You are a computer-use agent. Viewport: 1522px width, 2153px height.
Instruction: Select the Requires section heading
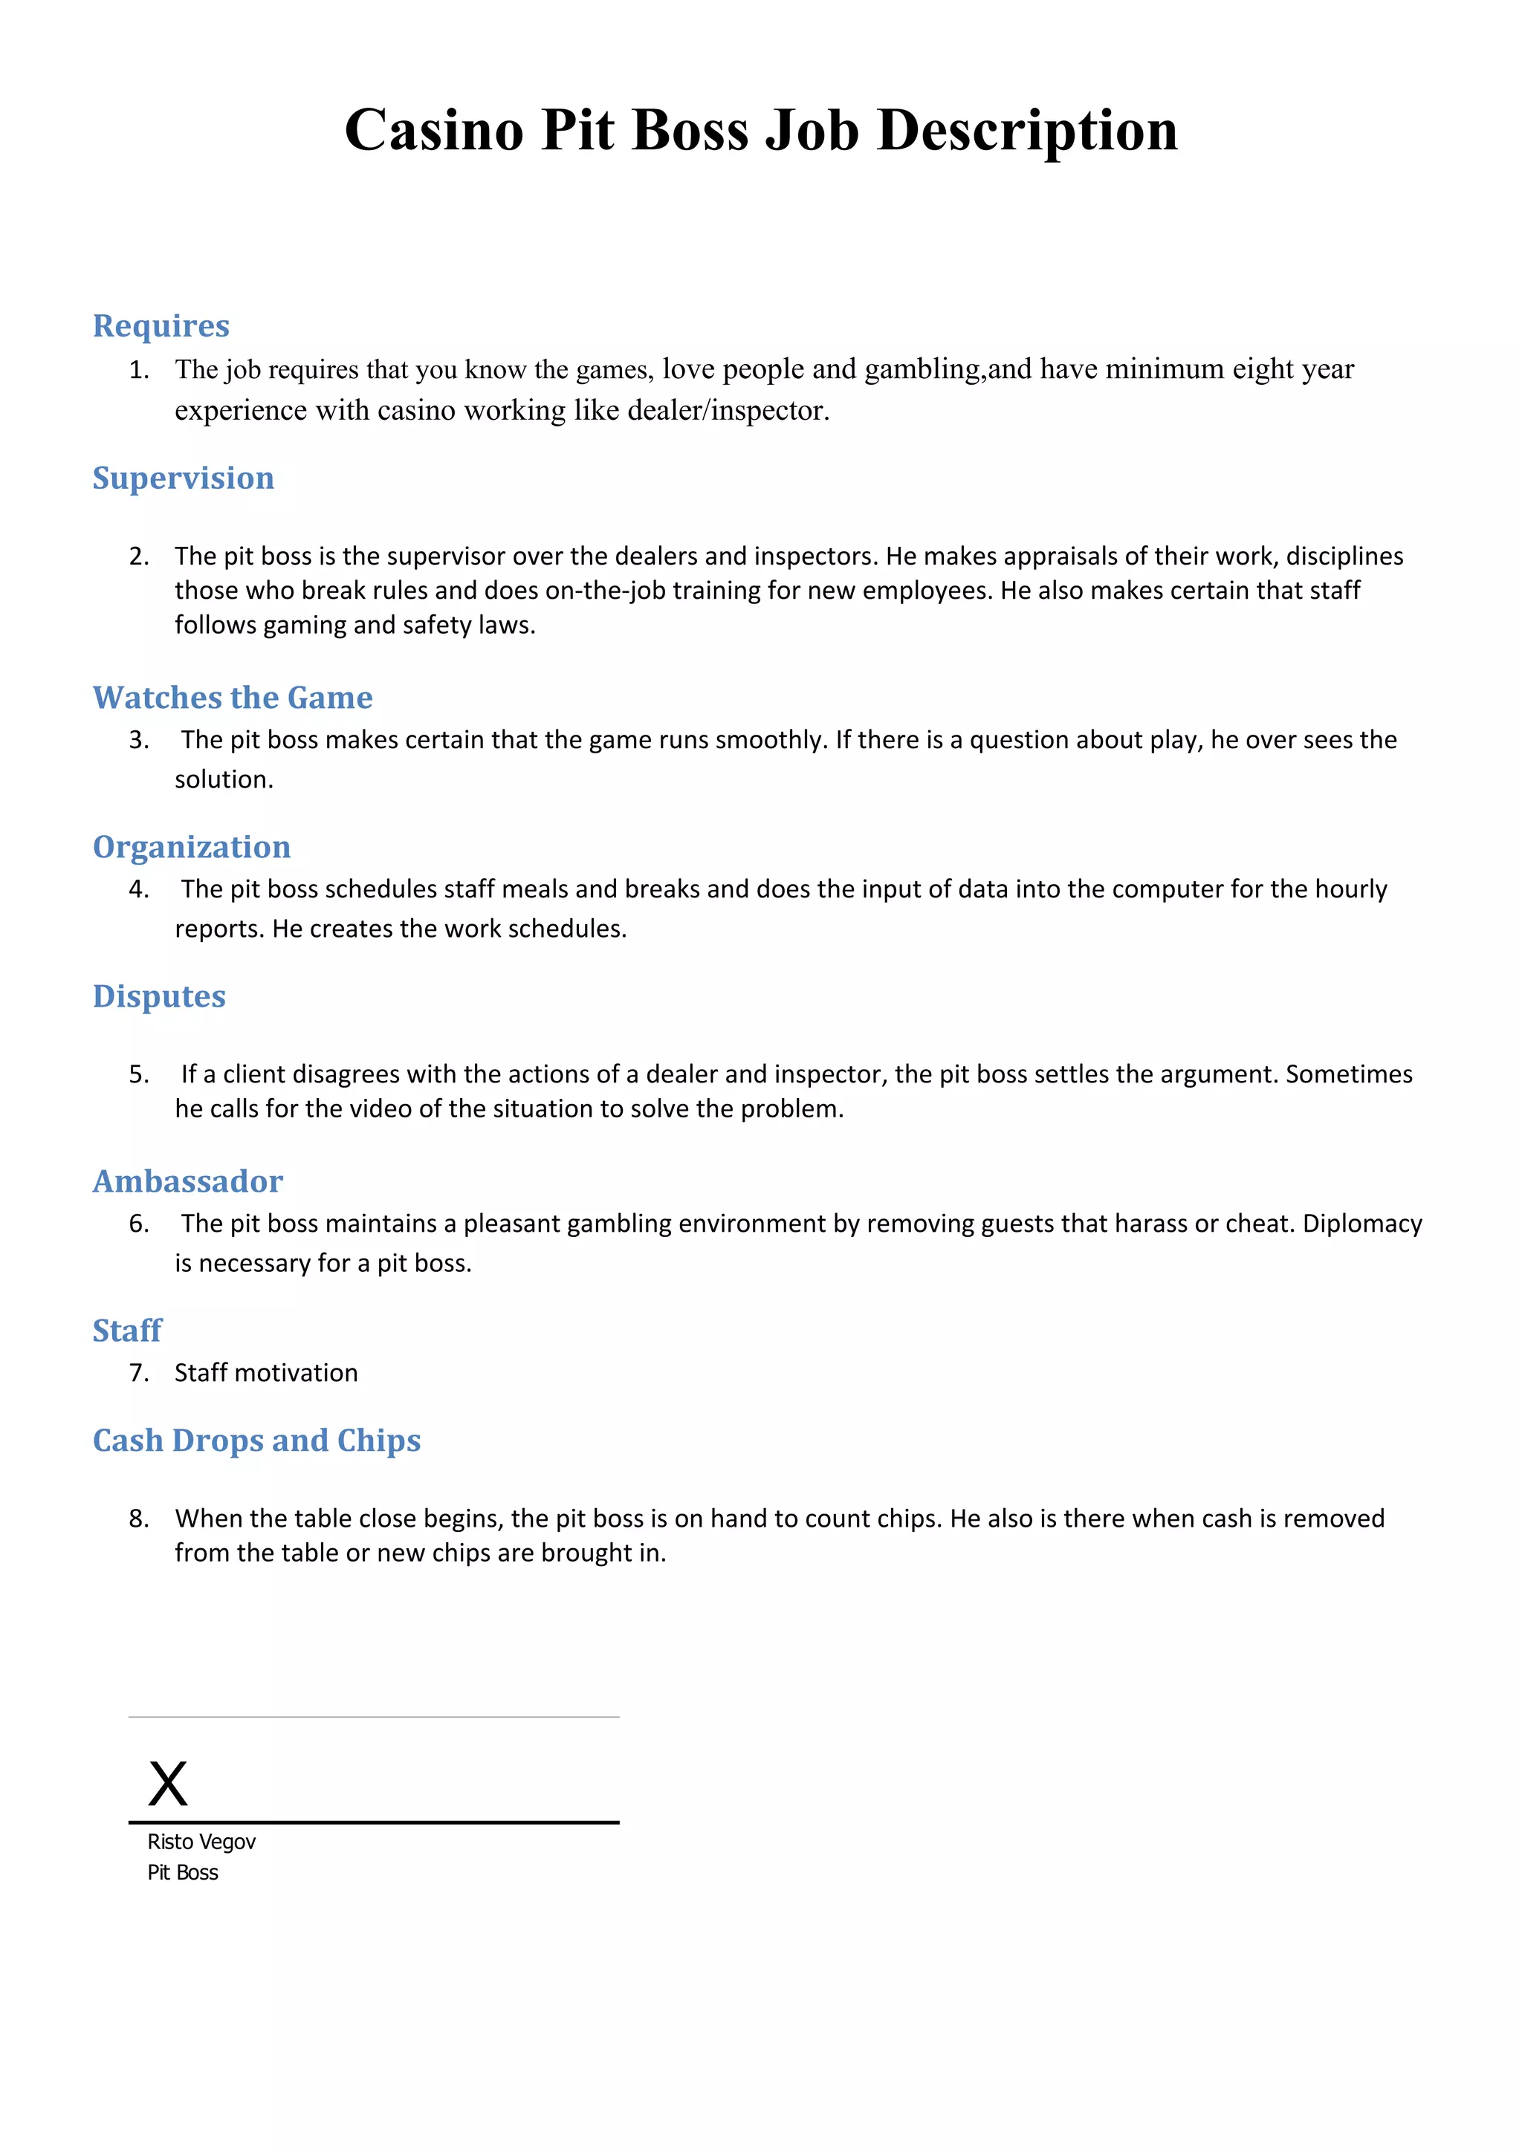pyautogui.click(x=161, y=325)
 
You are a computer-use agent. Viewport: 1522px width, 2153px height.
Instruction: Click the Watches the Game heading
pyautogui.click(x=232, y=697)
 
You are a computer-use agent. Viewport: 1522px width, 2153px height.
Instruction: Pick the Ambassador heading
pyautogui.click(x=187, y=1181)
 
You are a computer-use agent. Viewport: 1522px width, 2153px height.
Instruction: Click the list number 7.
pyautogui.click(x=139, y=1372)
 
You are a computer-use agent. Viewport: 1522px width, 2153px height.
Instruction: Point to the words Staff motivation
pyautogui.click(x=265, y=1372)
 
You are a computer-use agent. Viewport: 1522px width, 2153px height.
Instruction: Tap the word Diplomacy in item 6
pyautogui.click(x=1361, y=1223)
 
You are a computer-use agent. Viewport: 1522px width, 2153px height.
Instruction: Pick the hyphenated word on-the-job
pyautogui.click(x=606, y=590)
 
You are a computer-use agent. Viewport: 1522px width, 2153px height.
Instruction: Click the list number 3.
pyautogui.click(x=139, y=739)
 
